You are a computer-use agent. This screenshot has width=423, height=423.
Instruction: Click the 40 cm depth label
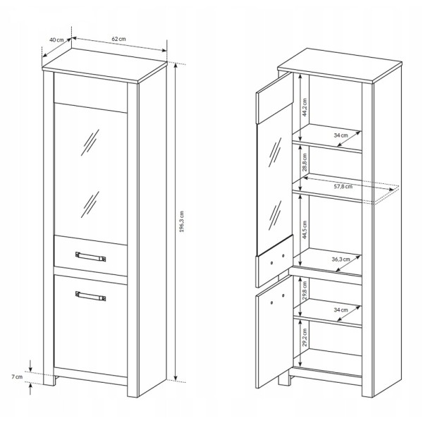click(56, 39)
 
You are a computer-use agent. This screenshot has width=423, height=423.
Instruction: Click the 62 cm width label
click(118, 39)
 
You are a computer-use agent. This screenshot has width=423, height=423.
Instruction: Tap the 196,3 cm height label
click(182, 221)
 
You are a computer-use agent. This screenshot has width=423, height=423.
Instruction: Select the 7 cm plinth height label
click(17, 376)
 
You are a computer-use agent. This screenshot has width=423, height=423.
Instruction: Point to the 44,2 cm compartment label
click(305, 107)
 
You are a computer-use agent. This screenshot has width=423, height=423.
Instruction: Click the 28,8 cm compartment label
click(305, 162)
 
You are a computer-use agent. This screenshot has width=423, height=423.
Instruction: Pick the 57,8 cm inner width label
click(343, 186)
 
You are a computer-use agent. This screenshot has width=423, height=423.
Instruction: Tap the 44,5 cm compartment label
click(305, 230)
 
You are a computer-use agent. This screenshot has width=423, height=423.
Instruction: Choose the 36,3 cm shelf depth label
click(341, 259)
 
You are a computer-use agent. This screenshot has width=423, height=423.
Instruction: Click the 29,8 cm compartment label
click(305, 290)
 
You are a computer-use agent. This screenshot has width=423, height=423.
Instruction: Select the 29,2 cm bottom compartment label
click(305, 337)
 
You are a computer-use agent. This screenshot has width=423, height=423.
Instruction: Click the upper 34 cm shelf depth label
click(341, 135)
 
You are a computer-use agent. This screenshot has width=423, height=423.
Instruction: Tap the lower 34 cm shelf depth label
click(341, 309)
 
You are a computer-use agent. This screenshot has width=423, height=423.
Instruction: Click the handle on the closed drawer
click(91, 257)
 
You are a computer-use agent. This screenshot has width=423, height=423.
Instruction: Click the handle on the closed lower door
click(91, 296)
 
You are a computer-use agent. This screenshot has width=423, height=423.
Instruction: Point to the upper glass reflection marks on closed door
click(90, 142)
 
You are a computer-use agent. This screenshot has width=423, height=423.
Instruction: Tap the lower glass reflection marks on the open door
click(275, 215)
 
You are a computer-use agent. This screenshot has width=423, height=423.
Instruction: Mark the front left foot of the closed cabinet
click(49, 380)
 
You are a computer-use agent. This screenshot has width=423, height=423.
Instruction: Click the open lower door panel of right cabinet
click(273, 332)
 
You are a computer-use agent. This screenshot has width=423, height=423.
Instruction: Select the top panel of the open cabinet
click(340, 66)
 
